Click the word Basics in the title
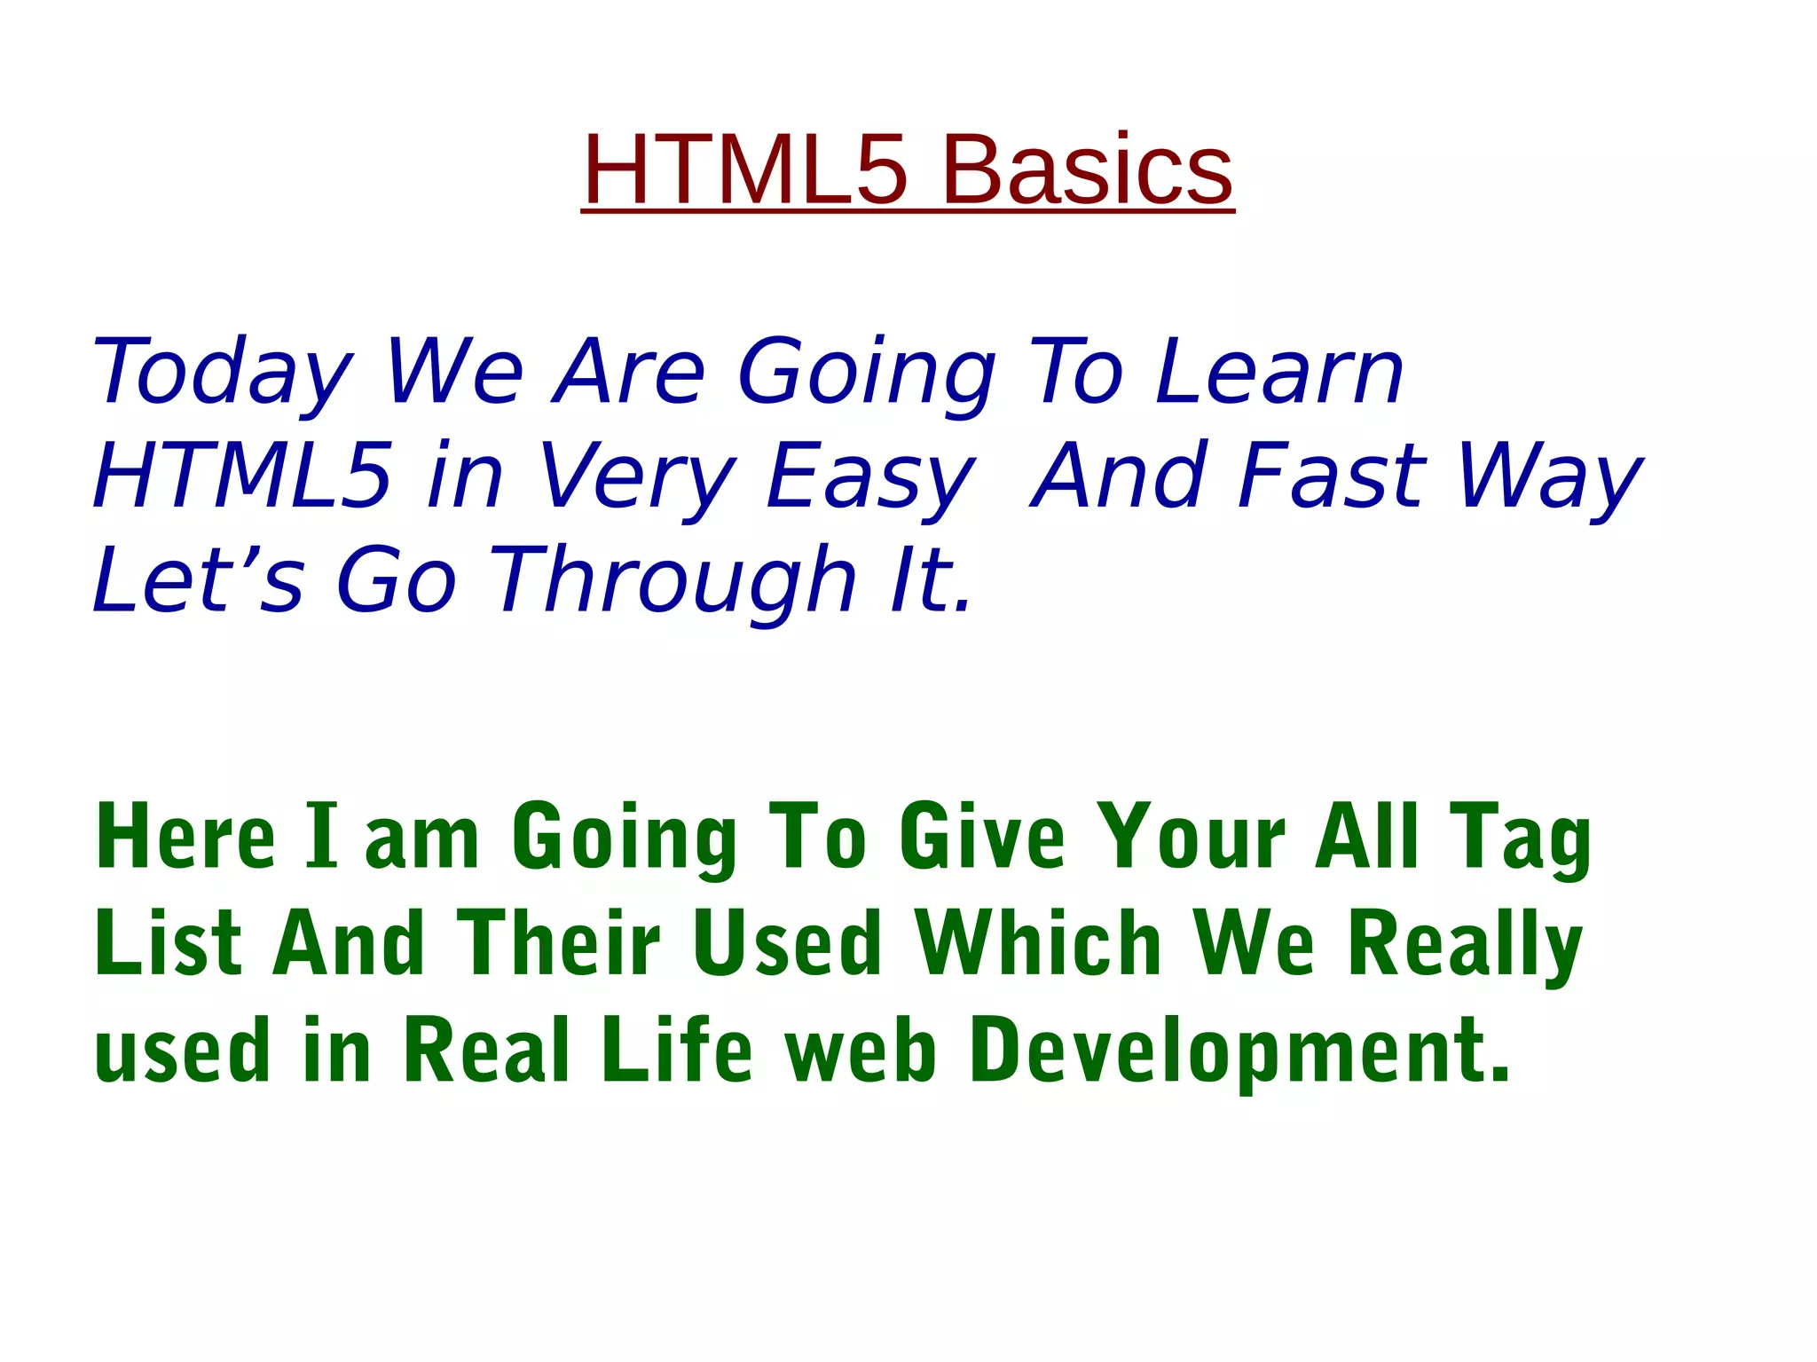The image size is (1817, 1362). [x=1089, y=169]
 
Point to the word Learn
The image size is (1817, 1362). [x=1279, y=373]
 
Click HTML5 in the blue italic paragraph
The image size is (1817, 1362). [x=242, y=476]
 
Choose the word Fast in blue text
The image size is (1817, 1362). [x=1332, y=476]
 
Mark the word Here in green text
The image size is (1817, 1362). [x=185, y=836]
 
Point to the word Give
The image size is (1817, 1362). [x=981, y=836]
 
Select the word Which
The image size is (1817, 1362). [x=1038, y=942]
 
